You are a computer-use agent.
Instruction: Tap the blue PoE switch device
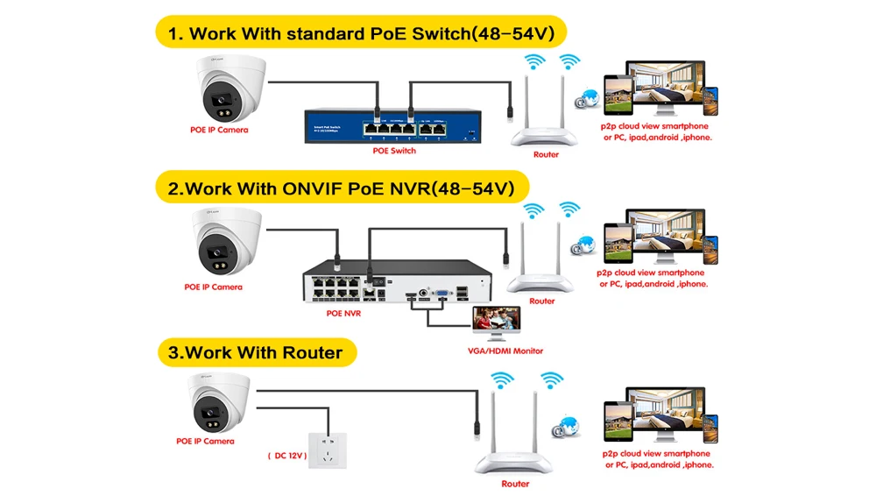coord(390,126)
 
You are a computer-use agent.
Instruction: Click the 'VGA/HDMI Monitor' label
coord(505,351)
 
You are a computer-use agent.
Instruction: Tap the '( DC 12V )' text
coord(286,456)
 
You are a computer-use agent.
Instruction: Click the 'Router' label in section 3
coord(515,484)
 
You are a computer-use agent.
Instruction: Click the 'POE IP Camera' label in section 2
coord(213,287)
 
